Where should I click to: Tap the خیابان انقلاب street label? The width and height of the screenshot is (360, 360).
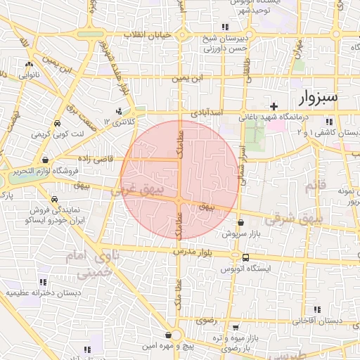point(148,34)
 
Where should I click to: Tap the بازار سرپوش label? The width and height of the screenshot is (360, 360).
point(241,232)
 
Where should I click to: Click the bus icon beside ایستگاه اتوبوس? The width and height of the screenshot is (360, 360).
point(245,257)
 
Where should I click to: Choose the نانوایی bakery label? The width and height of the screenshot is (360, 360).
point(29,72)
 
